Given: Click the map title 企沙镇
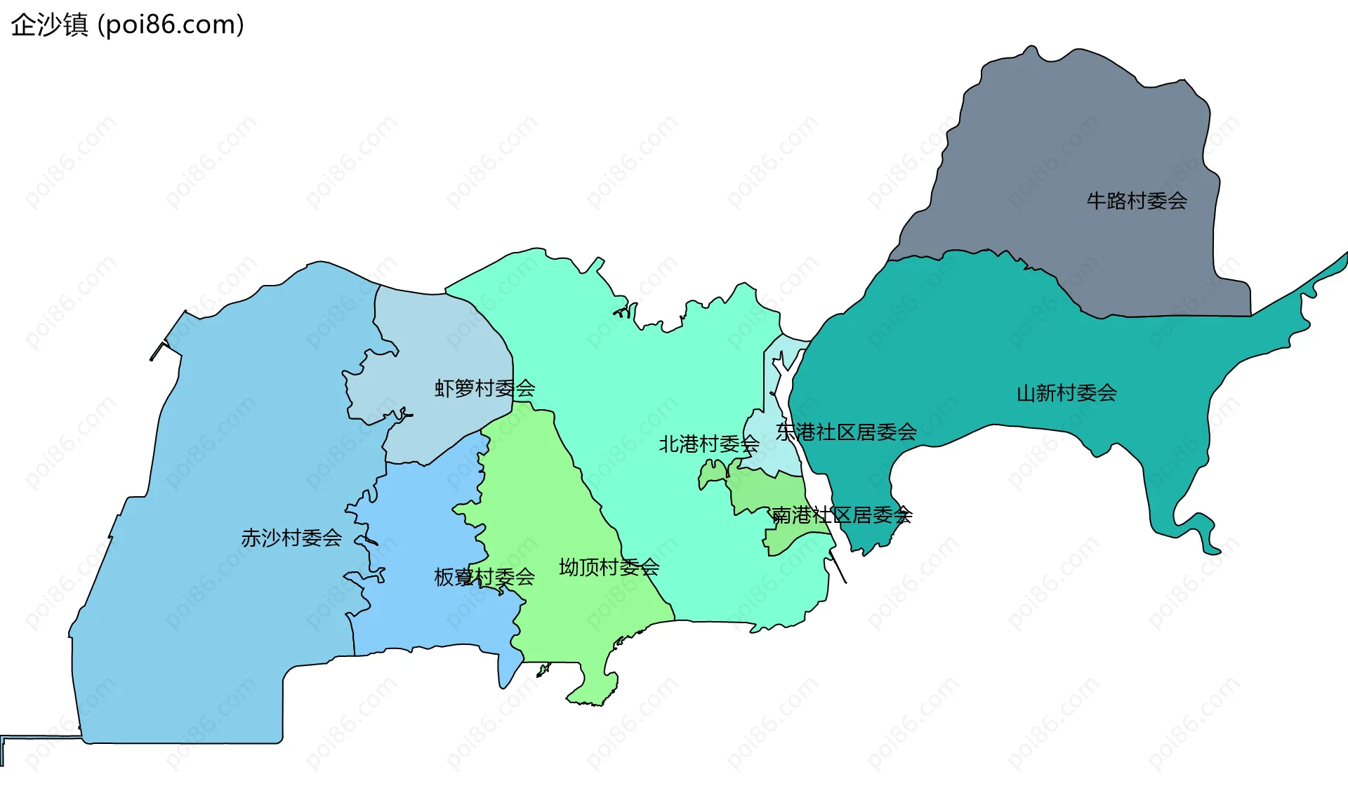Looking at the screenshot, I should click(x=49, y=25).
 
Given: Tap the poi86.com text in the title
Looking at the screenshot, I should click(x=171, y=25).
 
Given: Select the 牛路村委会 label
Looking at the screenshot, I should click(x=1137, y=201).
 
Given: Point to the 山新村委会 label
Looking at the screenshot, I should click(x=1066, y=393).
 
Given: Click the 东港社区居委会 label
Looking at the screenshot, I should click(x=846, y=432).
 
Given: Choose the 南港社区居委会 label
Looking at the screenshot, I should click(x=842, y=516).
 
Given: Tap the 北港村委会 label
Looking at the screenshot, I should click(x=708, y=444).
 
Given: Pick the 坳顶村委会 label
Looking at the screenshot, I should click(x=609, y=567).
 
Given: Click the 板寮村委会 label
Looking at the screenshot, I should click(x=484, y=578).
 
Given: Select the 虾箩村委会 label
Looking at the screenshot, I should click(x=484, y=388).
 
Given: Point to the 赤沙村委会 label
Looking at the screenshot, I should click(x=291, y=538).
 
